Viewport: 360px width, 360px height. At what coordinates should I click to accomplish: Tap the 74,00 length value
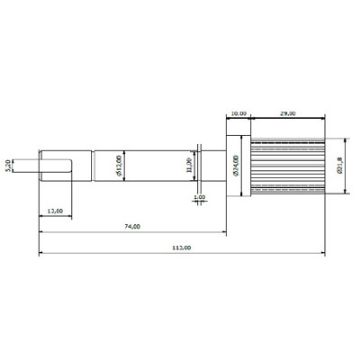point(132,228)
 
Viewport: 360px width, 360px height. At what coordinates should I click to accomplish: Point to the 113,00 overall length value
point(182,246)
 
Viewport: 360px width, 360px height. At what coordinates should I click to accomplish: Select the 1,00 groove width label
point(200,198)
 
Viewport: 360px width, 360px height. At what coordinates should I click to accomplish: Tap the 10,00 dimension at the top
point(238,113)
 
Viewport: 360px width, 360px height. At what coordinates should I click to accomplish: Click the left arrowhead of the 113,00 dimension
point(41,251)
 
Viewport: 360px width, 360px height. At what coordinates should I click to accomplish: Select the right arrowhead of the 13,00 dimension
point(70,214)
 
